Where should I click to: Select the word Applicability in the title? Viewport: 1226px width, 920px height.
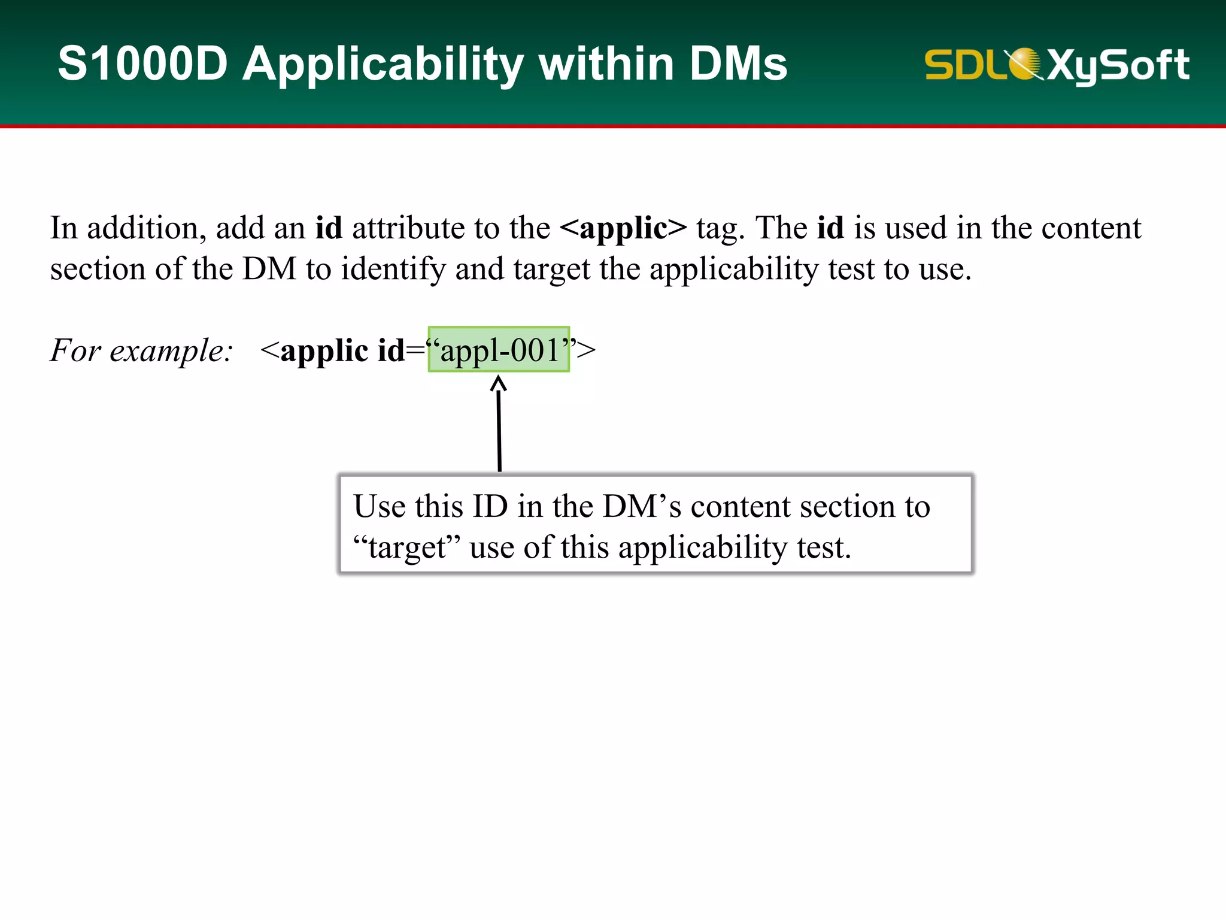coord(383,65)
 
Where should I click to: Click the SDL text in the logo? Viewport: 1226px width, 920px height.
coord(964,65)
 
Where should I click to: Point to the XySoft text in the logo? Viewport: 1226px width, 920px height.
coord(1118,65)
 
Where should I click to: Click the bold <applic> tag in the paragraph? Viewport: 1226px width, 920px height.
coord(623,228)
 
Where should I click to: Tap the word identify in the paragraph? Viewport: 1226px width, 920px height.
coord(393,269)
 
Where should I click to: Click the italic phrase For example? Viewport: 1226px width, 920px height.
coord(141,350)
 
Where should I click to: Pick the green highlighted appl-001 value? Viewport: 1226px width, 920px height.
coord(499,350)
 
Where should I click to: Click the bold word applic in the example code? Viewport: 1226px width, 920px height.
coord(324,351)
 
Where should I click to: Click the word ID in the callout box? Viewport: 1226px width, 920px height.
coord(490,506)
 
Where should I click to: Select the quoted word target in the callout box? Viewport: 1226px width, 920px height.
coord(407,547)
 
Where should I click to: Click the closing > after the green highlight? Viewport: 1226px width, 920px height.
coord(587,350)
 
